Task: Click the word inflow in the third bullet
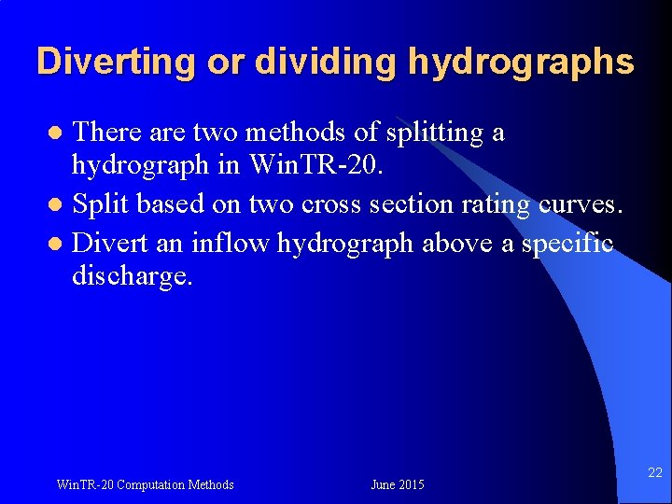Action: pos(239,244)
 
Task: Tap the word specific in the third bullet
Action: pos(568,244)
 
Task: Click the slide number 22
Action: pos(654,474)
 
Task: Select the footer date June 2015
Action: pos(397,484)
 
